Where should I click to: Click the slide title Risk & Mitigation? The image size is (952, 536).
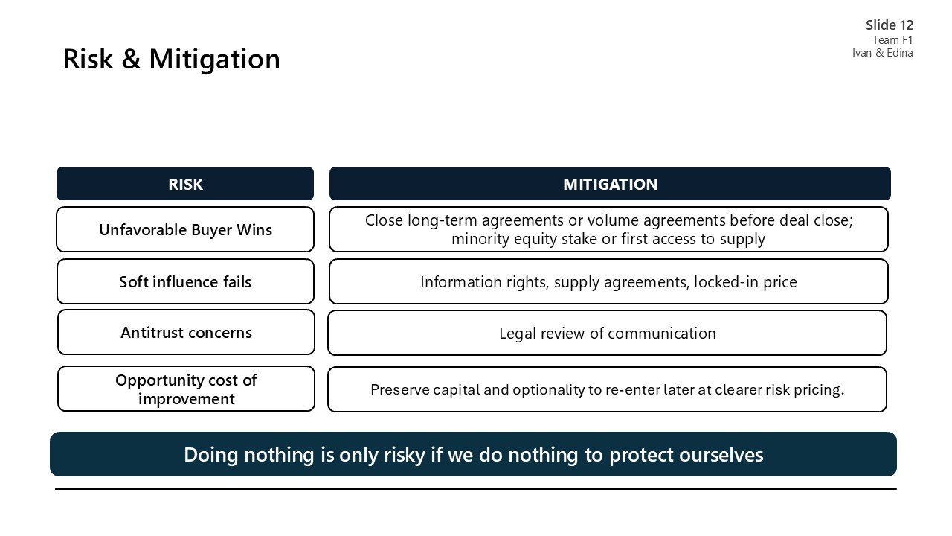coord(171,59)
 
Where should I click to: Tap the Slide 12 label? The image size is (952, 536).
coord(890,25)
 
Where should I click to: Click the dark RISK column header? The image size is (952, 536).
coord(185,184)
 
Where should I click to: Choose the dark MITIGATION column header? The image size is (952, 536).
coord(610,184)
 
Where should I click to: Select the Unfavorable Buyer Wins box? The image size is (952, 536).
coord(185,230)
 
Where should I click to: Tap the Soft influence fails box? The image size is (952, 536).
coord(185,282)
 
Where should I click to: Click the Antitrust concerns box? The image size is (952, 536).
coord(186,333)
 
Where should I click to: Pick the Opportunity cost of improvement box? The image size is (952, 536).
coord(186,389)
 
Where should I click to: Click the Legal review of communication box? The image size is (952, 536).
coord(607,334)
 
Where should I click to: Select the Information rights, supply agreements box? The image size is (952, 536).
coord(608,282)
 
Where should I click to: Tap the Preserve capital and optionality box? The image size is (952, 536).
coord(607,390)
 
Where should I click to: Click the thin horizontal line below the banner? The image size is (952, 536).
coord(476,489)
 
